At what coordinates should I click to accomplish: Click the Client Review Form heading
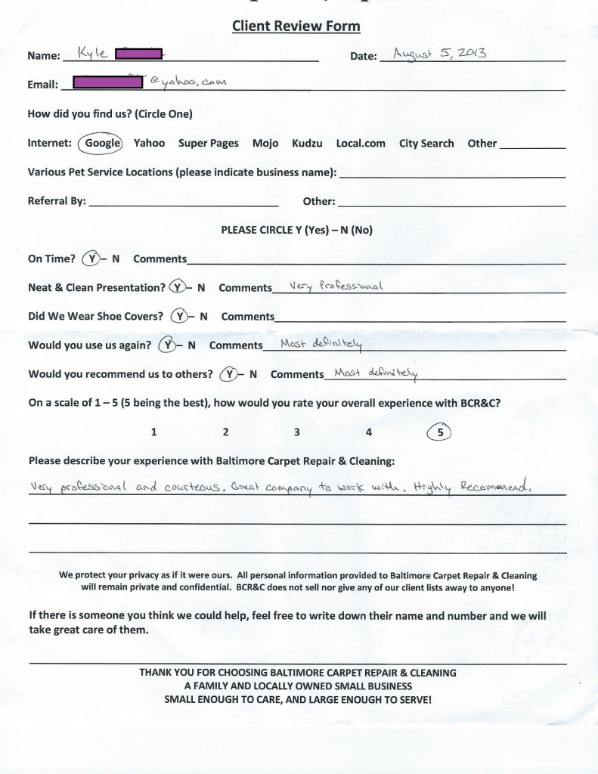296,26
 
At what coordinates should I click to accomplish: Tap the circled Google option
102,143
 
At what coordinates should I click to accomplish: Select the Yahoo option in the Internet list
149,143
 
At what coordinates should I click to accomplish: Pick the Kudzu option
307,143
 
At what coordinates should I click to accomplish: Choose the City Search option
426,143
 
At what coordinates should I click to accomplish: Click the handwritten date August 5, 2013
433,54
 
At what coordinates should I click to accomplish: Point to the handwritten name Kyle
90,54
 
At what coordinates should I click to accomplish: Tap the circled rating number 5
440,432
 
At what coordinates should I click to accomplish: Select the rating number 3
297,432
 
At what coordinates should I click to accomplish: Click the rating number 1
153,432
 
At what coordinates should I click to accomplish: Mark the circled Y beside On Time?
91,259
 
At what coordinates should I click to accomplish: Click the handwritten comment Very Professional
327,286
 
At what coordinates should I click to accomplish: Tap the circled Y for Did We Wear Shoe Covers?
178,316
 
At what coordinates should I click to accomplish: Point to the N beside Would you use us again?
192,345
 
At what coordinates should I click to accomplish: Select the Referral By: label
57,202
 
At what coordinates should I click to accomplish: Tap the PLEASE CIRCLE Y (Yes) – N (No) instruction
296,231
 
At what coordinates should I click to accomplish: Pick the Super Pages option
208,143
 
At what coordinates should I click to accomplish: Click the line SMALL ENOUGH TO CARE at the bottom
298,700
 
